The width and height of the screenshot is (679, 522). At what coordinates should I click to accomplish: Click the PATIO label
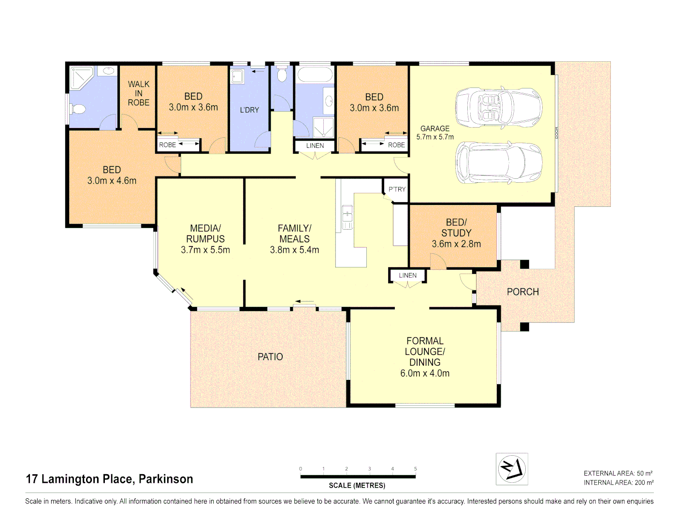click(270, 357)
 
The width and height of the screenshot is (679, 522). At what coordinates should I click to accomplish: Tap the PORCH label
click(522, 292)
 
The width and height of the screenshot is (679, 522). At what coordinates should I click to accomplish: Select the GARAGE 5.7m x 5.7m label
click(435, 132)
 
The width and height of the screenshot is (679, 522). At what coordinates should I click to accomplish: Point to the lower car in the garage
click(498, 163)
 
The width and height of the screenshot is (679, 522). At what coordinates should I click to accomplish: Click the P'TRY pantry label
click(397, 189)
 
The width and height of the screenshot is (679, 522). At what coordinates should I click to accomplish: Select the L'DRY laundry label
click(249, 110)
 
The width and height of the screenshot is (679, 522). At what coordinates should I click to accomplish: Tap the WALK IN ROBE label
click(139, 93)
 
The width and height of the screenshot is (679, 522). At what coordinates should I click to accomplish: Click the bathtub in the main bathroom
click(315, 75)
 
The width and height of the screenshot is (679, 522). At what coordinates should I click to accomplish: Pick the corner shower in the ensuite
click(81, 77)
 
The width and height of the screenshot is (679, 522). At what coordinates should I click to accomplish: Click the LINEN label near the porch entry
click(407, 275)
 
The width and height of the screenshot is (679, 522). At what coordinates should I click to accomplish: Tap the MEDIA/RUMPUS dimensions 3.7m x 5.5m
click(205, 250)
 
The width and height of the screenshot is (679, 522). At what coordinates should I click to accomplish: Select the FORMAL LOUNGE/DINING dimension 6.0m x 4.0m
click(425, 373)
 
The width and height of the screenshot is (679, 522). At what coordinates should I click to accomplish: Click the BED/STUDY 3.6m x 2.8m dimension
click(456, 244)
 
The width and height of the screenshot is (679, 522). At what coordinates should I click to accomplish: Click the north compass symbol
click(512, 469)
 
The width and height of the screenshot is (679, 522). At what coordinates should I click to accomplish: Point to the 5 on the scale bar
click(415, 469)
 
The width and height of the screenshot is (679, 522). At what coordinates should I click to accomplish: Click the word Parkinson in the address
click(166, 479)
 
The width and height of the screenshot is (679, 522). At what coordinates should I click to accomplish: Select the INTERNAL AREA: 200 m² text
click(618, 482)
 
